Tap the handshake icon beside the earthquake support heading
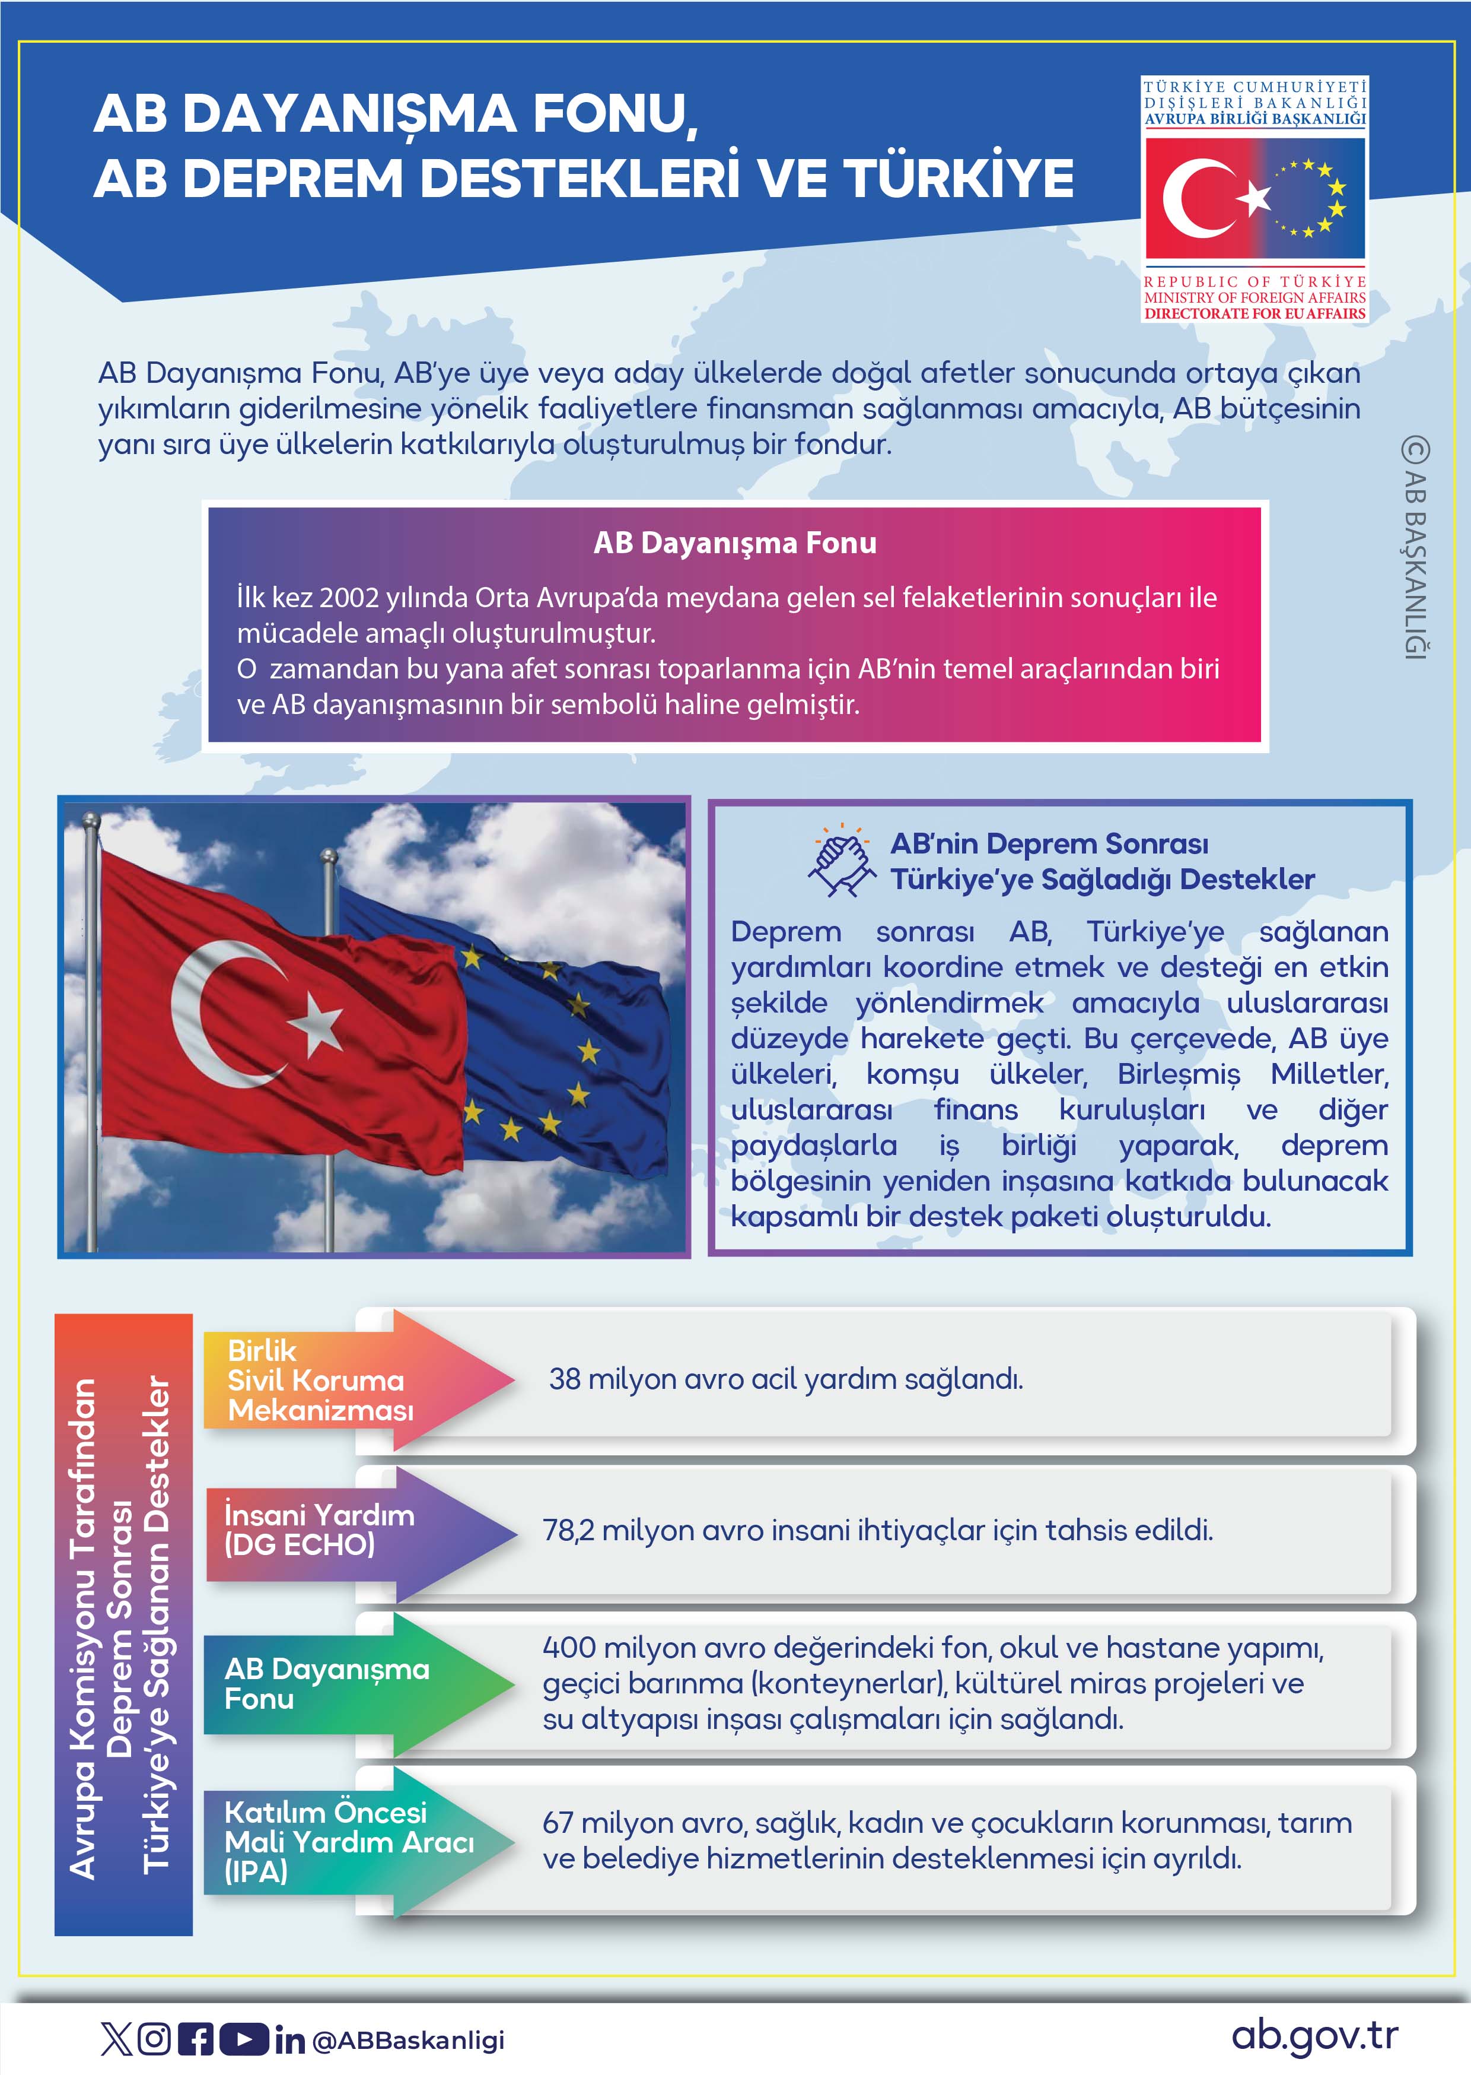842,861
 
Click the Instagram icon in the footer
154,2039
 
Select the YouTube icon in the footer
244,2039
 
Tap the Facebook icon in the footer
196,2039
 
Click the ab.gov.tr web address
1314,2035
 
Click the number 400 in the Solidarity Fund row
569,1647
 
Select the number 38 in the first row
564,1379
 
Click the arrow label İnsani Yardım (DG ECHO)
319,1530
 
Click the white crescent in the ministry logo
1194,198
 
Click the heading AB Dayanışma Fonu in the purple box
734,542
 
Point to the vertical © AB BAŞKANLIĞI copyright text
1414,548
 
